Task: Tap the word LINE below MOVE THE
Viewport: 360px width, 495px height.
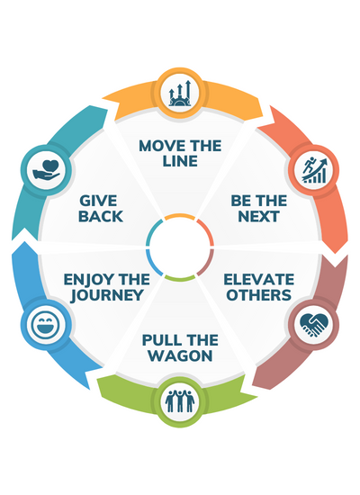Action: point(180,163)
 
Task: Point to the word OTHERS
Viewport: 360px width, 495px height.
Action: point(257,295)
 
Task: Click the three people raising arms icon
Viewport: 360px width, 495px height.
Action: point(181,399)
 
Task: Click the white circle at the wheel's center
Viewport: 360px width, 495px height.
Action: point(180,247)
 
